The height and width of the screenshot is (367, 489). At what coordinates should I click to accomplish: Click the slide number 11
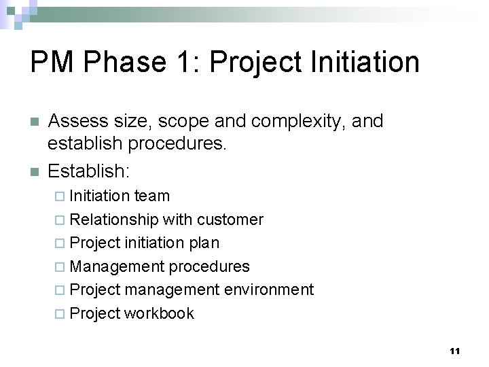[454, 351]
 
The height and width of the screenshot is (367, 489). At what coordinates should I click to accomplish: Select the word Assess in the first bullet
[79, 122]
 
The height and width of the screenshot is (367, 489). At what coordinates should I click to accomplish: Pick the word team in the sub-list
[151, 196]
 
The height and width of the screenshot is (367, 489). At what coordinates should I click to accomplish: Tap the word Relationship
[113, 220]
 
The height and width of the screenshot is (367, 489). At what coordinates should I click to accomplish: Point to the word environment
[269, 290]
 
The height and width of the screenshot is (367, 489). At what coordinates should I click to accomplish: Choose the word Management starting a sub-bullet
[117, 266]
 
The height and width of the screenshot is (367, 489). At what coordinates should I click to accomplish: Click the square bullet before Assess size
[35, 122]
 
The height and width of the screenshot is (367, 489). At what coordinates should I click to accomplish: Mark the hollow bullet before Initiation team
[60, 196]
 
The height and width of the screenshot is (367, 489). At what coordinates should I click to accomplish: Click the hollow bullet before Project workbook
[60, 314]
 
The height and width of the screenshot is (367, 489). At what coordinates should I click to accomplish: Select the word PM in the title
[54, 63]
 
